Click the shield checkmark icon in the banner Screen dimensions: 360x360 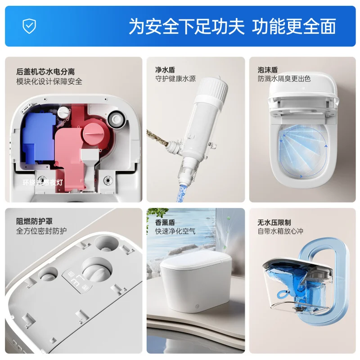[29, 26]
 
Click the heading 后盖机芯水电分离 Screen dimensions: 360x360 [45, 72]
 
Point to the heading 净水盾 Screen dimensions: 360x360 [165, 69]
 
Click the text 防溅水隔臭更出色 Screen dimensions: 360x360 [284, 79]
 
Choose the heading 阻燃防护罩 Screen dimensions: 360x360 [34, 222]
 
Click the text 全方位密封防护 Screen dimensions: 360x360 [41, 231]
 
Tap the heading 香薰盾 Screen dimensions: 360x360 [165, 222]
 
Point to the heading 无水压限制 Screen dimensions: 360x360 [274, 222]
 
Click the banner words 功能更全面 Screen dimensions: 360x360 [294, 26]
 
